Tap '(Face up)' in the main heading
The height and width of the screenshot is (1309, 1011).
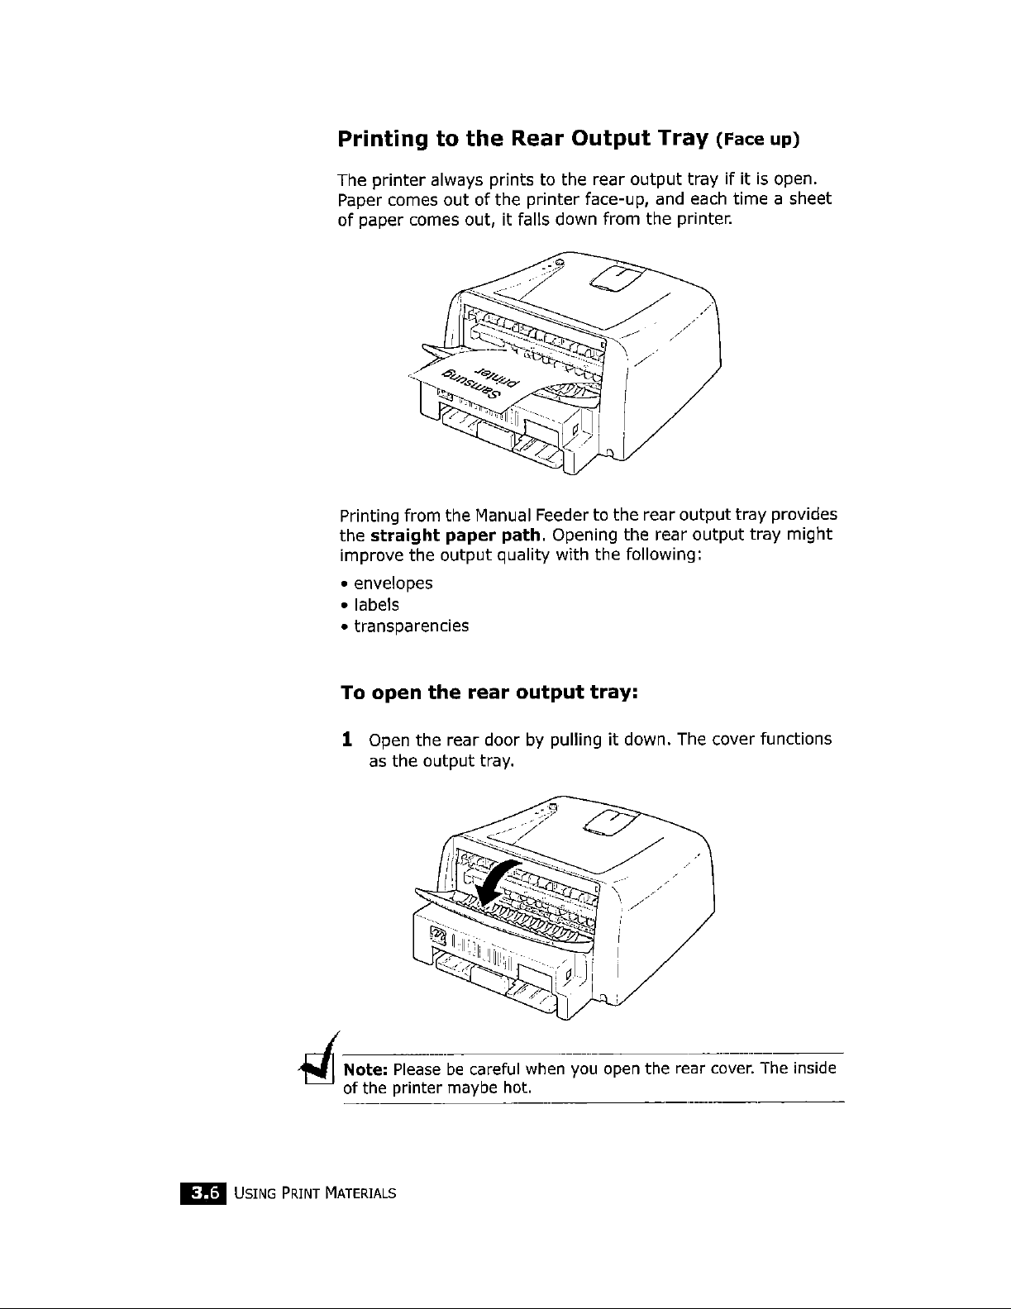pos(758,141)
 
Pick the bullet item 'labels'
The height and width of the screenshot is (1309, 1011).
pos(376,605)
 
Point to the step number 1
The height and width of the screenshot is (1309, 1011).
pos(349,739)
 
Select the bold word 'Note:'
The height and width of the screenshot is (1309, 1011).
pos(366,1069)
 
